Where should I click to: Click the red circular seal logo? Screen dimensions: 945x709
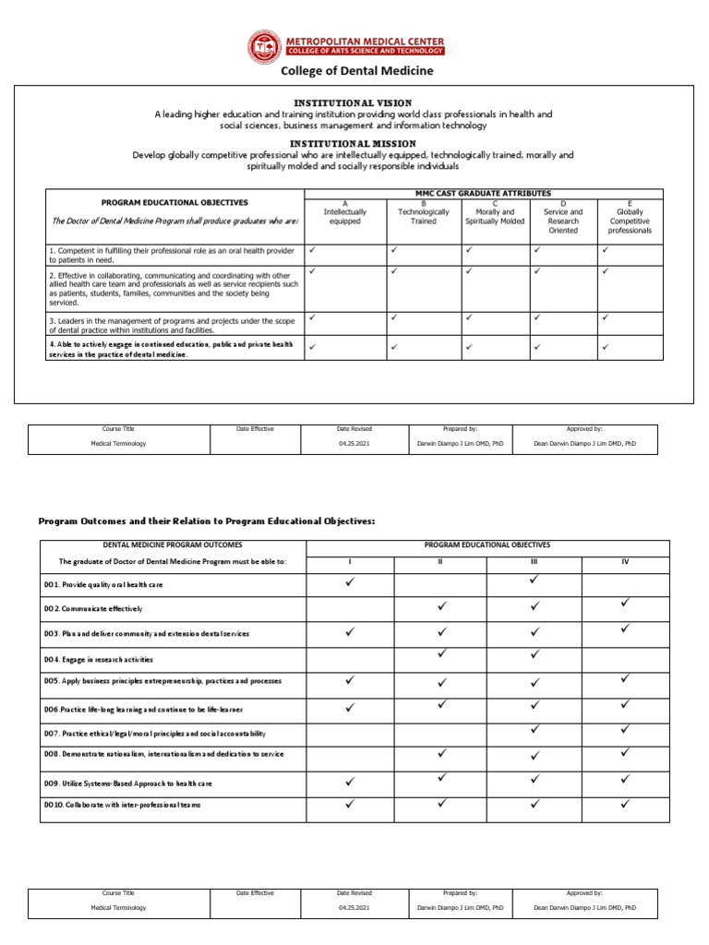267,47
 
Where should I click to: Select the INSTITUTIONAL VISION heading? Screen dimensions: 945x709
353,102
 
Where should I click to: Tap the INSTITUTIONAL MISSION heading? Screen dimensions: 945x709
353,144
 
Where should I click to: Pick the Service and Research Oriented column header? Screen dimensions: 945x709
563,216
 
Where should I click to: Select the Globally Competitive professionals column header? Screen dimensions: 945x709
630,216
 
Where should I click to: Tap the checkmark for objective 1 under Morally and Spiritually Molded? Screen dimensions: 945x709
468,250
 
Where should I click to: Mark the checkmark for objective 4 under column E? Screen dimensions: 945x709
605,347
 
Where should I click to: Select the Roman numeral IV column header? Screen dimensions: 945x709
625,561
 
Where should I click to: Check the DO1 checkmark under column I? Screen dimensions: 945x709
350,582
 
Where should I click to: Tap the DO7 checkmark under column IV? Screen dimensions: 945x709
626,729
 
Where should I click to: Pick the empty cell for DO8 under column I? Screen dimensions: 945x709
350,755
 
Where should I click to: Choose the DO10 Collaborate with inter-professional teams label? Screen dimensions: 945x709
122,805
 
